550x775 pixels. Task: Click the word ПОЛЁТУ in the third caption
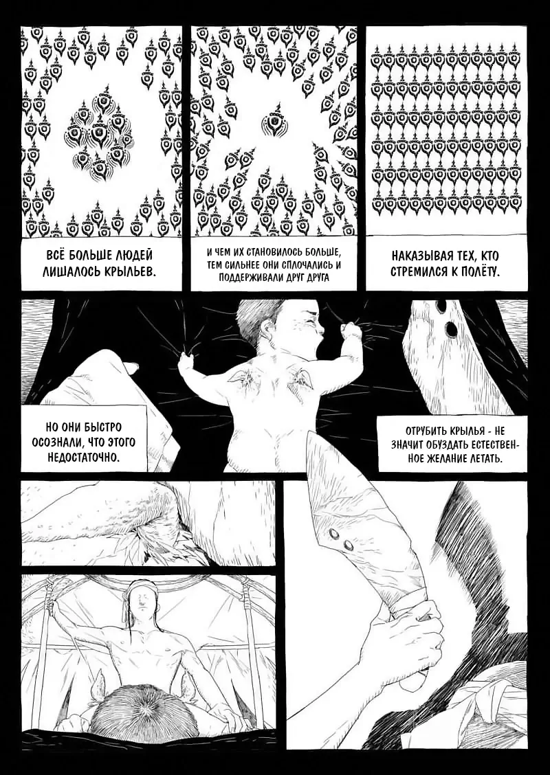[478, 271]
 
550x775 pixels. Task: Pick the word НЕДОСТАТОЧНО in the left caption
[84, 456]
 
